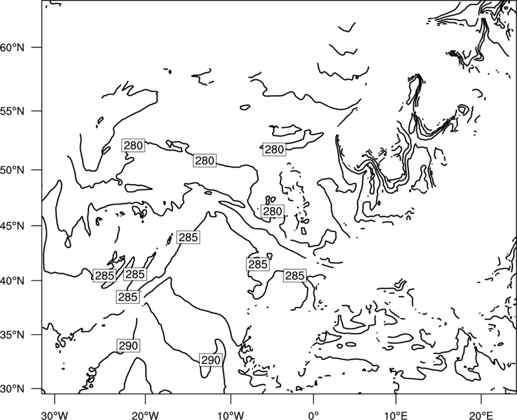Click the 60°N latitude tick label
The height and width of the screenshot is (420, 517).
tap(12, 47)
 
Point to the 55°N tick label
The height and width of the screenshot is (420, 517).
tap(12, 111)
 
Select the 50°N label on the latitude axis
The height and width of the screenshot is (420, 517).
tap(12, 170)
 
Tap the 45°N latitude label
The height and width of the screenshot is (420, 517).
tap(12, 226)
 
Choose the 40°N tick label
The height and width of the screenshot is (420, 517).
tap(12, 281)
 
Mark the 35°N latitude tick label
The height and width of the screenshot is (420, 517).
tap(12, 335)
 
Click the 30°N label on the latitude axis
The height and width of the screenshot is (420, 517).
tap(12, 389)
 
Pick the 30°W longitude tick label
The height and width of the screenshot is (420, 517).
tap(55, 415)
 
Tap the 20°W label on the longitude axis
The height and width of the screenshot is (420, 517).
tap(145, 415)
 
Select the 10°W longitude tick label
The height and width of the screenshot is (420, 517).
tap(230, 415)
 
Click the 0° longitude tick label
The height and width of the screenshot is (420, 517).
tap(313, 415)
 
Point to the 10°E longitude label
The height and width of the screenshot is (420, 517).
tap(396, 415)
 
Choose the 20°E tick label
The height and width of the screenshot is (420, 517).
tap(481, 415)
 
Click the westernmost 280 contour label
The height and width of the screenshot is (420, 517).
tap(133, 145)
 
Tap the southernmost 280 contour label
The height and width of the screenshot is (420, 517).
tap(272, 211)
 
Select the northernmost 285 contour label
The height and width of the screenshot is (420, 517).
tap(188, 237)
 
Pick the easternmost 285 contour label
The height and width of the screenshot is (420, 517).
tap(295, 276)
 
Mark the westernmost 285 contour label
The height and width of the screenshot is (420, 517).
tap(105, 275)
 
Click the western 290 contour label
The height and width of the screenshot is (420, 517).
tap(128, 346)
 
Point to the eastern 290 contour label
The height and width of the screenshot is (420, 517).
tap(211, 360)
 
